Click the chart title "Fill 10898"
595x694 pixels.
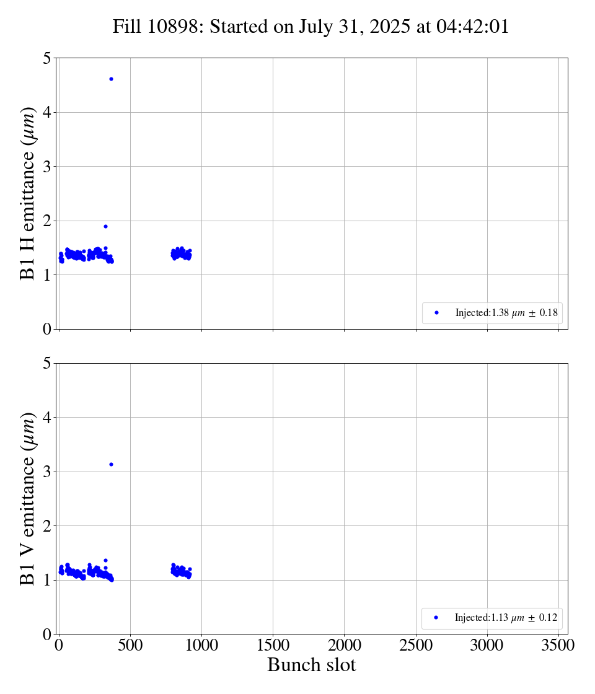pos(158,27)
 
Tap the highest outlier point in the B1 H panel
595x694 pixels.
pos(111,79)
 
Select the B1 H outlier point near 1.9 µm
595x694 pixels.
pos(105,226)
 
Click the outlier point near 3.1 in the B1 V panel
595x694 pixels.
pos(111,464)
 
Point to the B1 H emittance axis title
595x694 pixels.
pos(28,193)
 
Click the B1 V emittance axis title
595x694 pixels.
pos(28,499)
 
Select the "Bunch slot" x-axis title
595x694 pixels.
pos(312,665)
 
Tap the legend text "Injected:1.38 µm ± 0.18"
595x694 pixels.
pos(506,313)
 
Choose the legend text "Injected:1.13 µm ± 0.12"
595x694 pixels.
pos(506,618)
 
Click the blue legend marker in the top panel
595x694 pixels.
pos(436,313)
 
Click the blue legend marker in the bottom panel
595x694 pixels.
pos(436,618)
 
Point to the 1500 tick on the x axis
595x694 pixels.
pos(273,645)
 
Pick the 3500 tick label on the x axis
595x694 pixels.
pos(558,645)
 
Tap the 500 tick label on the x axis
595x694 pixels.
pos(130,645)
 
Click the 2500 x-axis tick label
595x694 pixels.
pos(416,645)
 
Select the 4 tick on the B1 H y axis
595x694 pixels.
pos(46,113)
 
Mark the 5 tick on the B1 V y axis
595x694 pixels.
pos(46,364)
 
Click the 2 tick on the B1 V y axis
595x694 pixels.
pos(46,526)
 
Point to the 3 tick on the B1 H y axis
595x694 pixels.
pos(46,167)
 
